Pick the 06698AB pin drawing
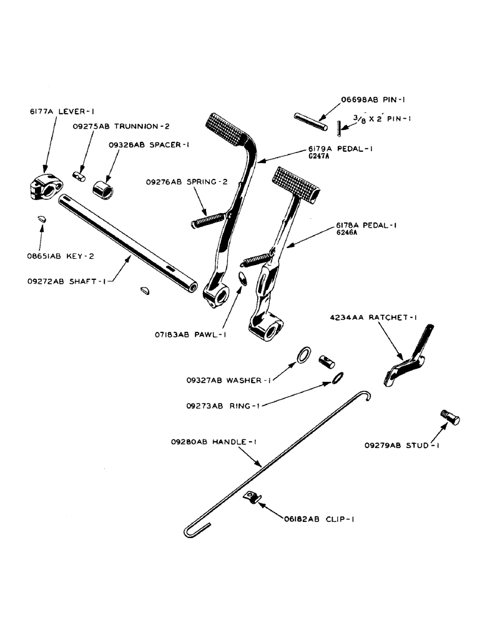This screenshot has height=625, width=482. point(308,121)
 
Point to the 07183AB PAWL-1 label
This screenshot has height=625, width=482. point(188,334)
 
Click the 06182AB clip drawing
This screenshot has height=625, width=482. point(252,497)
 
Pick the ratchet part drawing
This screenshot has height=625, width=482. point(406,362)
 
